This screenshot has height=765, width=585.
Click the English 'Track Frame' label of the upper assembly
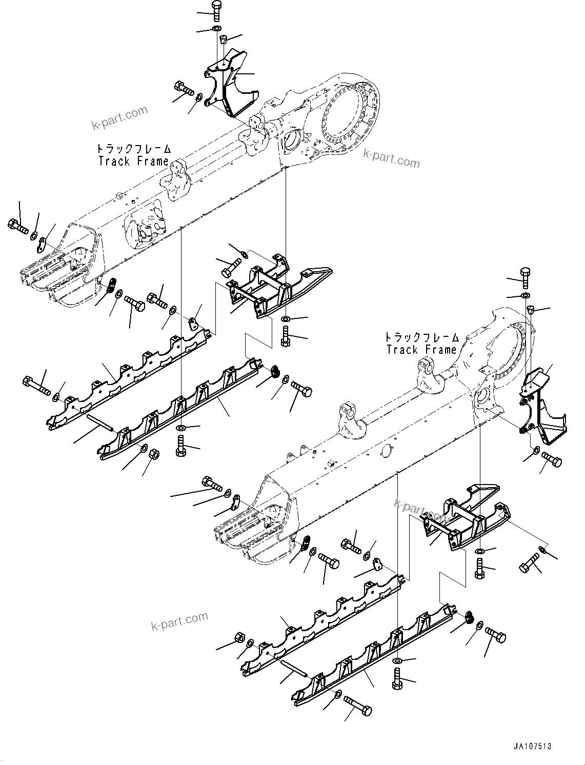tap(133, 161)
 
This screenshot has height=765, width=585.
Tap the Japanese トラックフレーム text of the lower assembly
tap(422, 337)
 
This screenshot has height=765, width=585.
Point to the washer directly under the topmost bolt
tap(216, 28)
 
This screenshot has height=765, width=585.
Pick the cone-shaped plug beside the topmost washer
tap(224, 39)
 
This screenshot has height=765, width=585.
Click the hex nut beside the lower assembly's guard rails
tap(238, 637)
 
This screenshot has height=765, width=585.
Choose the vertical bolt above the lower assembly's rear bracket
tap(526, 277)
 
